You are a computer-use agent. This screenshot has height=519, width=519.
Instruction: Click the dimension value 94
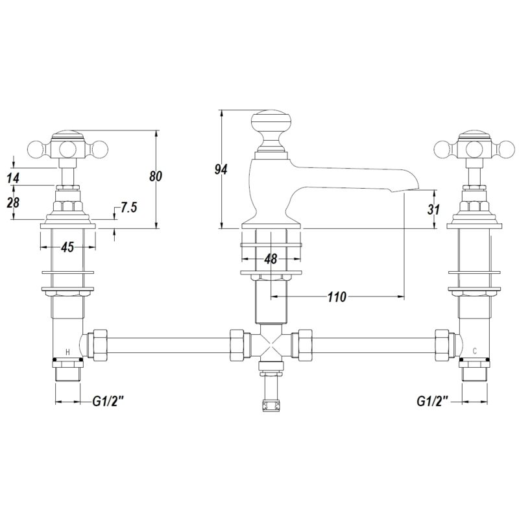tap(221, 169)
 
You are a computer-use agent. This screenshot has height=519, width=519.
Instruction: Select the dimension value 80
tap(155, 176)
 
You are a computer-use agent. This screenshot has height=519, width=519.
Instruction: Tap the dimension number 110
tap(337, 297)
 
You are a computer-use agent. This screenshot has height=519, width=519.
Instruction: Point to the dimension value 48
tap(271, 258)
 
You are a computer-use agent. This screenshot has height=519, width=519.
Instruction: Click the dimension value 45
tap(67, 247)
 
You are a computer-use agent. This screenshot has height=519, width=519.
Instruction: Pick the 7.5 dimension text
tap(128, 208)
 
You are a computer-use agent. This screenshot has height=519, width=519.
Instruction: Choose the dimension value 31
tap(433, 210)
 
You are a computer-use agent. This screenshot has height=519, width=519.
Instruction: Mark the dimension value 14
tap(13, 178)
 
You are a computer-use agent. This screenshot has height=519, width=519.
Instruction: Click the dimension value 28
tap(13, 202)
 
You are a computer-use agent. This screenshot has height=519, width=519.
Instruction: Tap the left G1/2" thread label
tap(108, 402)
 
